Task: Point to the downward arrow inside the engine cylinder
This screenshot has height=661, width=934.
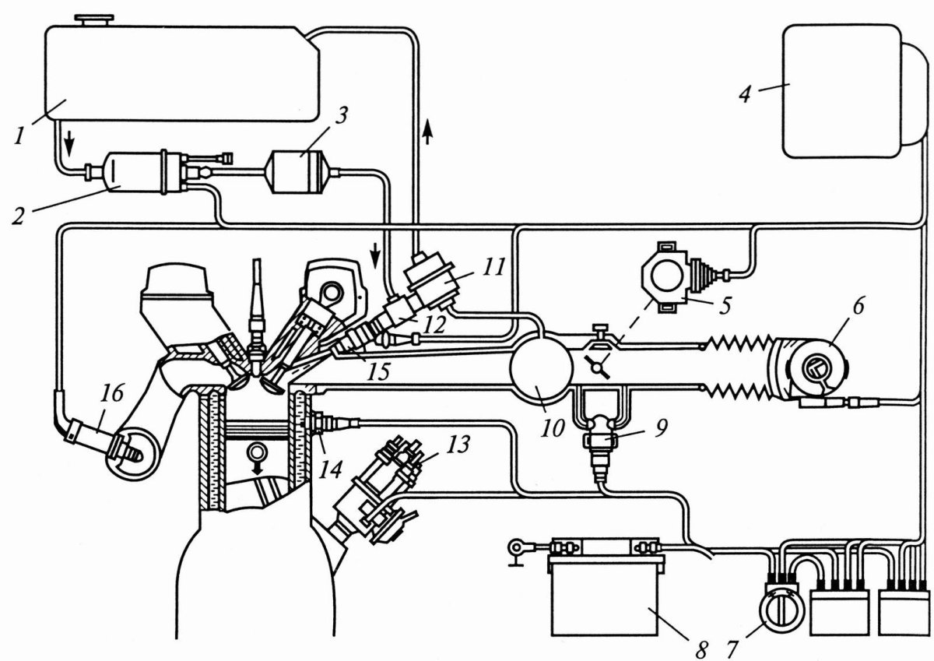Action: pyautogui.click(x=253, y=455)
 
